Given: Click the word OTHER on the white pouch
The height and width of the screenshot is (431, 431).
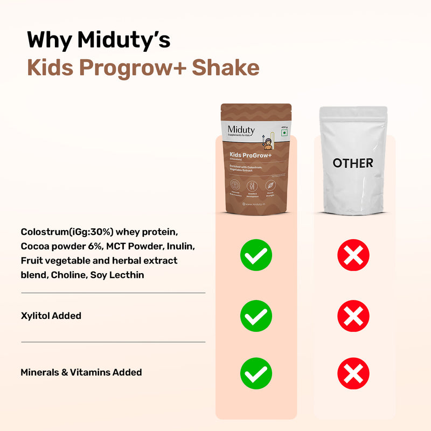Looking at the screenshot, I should [x=353, y=162].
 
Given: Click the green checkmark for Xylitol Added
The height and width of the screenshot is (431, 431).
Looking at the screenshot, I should [x=256, y=315].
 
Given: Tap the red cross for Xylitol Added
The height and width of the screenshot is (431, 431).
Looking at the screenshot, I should [x=353, y=315].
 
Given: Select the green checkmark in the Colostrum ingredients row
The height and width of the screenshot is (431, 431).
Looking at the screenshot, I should [x=256, y=255].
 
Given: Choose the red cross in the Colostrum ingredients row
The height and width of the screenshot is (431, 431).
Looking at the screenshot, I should [x=353, y=255].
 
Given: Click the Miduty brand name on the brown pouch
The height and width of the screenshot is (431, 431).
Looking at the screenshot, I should [x=241, y=129].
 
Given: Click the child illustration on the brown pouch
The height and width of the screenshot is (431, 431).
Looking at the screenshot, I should [x=267, y=141].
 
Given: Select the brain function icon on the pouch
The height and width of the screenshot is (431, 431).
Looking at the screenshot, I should [x=235, y=185].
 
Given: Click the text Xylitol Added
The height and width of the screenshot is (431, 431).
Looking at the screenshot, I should [x=51, y=316].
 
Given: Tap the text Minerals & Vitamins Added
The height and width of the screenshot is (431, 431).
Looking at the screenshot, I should [x=81, y=372].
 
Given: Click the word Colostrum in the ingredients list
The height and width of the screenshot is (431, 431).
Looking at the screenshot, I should [x=45, y=232].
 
